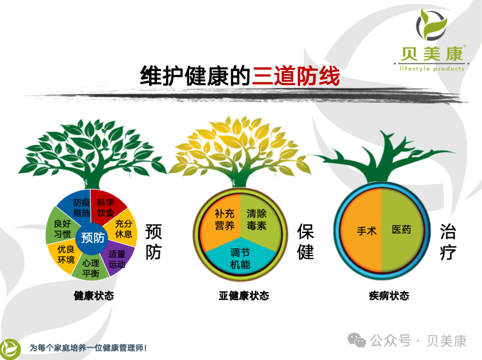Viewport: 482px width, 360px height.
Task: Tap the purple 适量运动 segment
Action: (x=118, y=259)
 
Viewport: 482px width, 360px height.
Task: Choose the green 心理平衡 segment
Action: (x=91, y=268)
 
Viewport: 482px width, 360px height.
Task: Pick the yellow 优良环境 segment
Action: (x=65, y=255)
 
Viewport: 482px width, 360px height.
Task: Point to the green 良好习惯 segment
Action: (x=62, y=228)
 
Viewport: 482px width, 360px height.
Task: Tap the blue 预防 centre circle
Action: (x=93, y=238)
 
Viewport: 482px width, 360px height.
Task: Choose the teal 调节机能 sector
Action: (x=240, y=258)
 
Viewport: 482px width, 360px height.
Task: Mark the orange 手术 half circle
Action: (x=365, y=230)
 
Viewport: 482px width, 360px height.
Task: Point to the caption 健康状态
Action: (x=94, y=296)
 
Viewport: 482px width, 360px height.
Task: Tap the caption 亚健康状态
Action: (x=244, y=296)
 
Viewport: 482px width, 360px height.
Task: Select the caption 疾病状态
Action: (x=389, y=296)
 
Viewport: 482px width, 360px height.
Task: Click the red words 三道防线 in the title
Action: (x=295, y=76)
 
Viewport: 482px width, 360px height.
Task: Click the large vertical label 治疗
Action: (x=448, y=243)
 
